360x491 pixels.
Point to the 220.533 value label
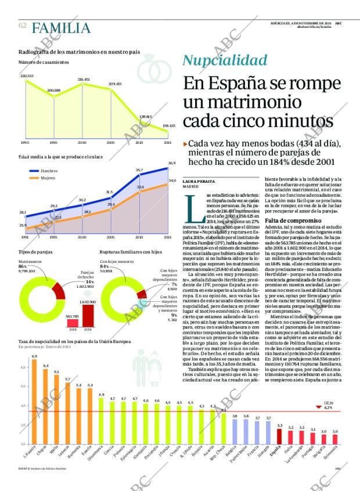click(27, 76)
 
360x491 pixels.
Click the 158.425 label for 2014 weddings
click(168, 126)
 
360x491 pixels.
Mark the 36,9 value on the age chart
click(171, 163)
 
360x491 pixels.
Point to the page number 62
click(23, 26)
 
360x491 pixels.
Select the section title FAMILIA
click(62, 28)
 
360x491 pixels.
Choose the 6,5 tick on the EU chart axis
click(23, 368)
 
